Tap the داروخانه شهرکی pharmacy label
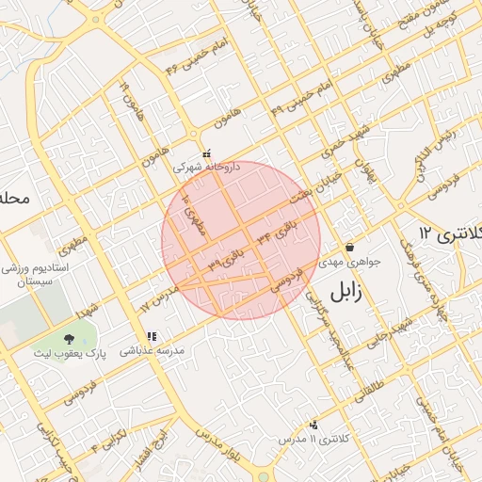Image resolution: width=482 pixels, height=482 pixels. [206, 167]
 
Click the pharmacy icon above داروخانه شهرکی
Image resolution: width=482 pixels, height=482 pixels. [206, 154]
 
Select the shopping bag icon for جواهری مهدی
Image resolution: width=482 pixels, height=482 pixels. [349, 248]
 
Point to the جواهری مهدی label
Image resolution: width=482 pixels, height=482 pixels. [349, 263]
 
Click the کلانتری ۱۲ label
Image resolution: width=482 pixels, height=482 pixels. [449, 233]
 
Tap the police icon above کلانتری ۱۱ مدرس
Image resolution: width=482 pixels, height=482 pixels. [313, 425]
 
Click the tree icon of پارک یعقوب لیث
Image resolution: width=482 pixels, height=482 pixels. [69, 338]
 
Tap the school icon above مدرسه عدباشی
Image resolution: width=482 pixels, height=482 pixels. [151, 336]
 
